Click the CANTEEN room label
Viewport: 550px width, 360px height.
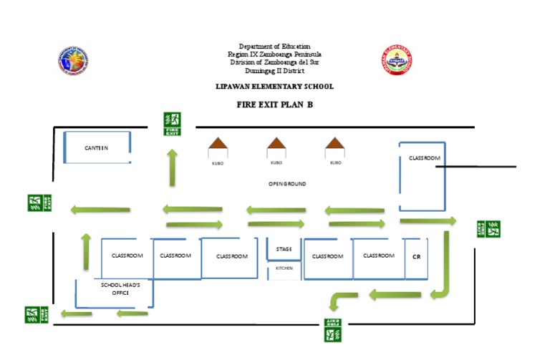pos(96,148)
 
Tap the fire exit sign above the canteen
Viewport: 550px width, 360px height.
pos(172,124)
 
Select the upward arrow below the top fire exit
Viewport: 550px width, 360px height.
pos(172,167)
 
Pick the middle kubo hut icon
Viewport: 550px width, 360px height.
pos(276,147)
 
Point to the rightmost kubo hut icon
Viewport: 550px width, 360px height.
pos(334,147)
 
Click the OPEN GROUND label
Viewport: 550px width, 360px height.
pos(287,184)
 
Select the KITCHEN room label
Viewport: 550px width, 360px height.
pos(284,268)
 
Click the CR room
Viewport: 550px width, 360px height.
pos(415,256)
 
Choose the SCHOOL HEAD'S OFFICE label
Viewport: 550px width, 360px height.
pos(120,288)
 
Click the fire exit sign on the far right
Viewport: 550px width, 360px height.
pos(488,229)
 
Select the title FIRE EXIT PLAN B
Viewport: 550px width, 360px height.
pos(276,104)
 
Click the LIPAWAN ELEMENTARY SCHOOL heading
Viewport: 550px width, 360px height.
pos(275,87)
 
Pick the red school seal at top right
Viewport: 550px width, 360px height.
pos(396,62)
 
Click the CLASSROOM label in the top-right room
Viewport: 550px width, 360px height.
pos(424,157)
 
